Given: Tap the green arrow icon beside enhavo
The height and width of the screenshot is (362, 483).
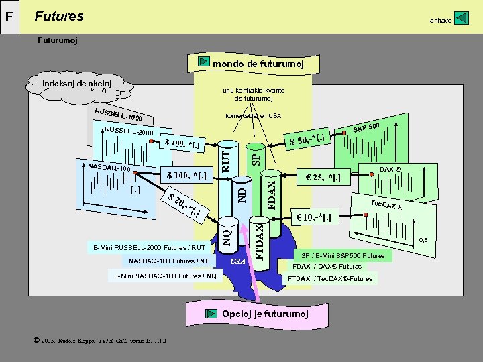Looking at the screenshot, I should point(461,18).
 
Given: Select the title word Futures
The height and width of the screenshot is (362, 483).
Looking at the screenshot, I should point(59,16).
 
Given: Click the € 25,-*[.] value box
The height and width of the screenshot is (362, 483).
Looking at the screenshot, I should point(324,178).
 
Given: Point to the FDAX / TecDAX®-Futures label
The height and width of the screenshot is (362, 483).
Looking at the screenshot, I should point(331,278).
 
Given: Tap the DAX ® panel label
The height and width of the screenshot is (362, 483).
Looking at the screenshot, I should point(390,169).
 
